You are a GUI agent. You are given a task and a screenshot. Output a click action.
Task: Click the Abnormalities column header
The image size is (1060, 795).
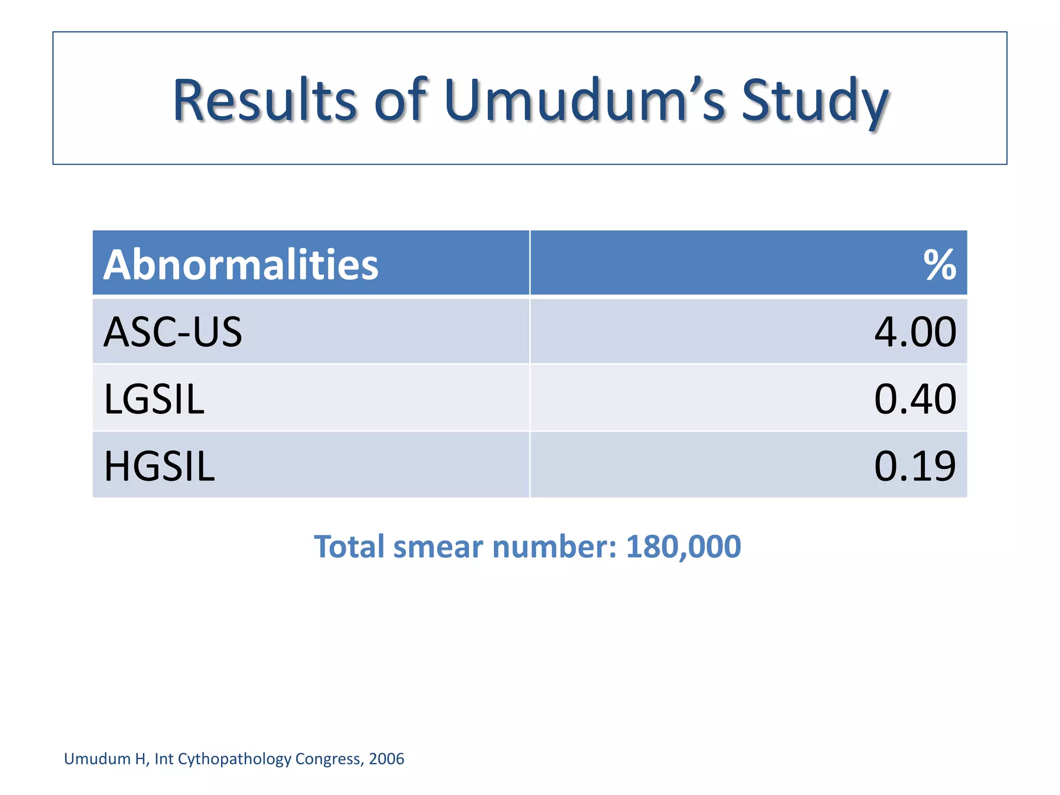point(241,264)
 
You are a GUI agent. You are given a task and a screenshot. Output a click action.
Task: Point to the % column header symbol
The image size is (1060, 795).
point(939,264)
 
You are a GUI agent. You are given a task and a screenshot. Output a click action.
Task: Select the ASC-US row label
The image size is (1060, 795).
point(172,332)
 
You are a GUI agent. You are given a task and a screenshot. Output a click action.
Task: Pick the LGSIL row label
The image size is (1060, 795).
point(154,399)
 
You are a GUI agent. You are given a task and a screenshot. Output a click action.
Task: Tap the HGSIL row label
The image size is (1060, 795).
point(159,466)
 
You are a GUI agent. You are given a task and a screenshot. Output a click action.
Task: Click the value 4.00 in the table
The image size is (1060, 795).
point(915,332)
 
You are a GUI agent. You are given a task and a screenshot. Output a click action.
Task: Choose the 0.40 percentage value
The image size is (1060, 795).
point(915,399)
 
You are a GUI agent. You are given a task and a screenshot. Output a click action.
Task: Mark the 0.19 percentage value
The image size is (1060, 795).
point(915,466)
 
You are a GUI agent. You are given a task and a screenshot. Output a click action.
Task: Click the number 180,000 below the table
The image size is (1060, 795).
point(683,547)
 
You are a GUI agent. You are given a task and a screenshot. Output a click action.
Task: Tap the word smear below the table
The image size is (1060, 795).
point(438,547)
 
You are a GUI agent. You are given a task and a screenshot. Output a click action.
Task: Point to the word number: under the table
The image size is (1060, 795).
point(554,547)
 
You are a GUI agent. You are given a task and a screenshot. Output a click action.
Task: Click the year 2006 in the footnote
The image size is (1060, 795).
point(386,759)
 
